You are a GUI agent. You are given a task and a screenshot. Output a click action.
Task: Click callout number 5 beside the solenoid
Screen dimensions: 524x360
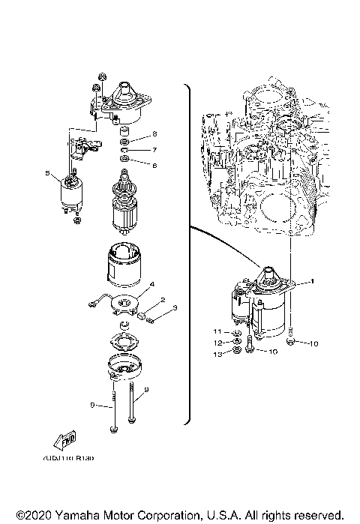coord(48,174)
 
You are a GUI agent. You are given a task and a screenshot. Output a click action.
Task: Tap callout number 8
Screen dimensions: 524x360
coord(154,134)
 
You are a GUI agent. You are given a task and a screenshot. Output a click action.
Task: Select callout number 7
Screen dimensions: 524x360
coord(154,149)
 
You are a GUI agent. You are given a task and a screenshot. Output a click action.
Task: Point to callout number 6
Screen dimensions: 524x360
coord(154,164)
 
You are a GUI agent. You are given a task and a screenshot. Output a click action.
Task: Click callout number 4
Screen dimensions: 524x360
coord(151,285)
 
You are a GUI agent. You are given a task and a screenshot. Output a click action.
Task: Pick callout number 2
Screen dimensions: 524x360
coord(152,300)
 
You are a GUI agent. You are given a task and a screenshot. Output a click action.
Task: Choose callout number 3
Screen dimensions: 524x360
coord(174,308)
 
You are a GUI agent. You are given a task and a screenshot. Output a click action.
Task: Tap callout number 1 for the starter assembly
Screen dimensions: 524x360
coord(313,281)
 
